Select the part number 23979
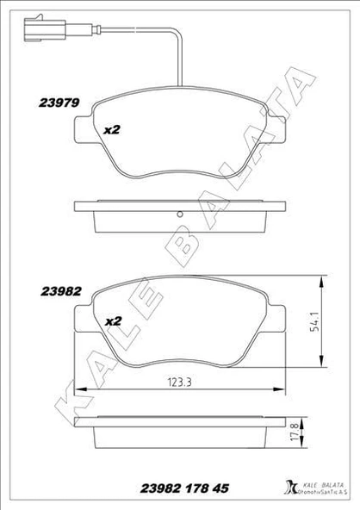59,102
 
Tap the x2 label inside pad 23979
112,130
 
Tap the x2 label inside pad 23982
112,320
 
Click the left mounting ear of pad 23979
81,130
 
